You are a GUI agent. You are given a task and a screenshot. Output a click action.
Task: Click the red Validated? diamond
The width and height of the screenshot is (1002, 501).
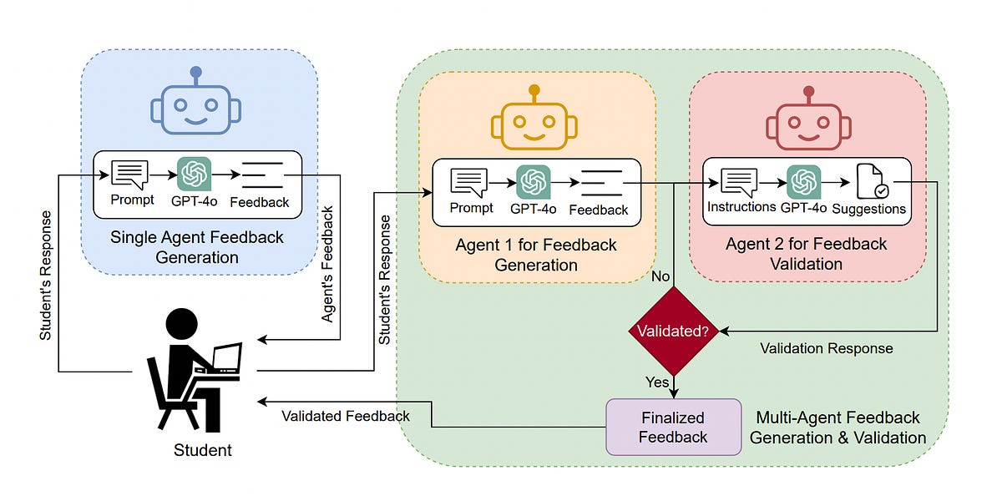coord(673,331)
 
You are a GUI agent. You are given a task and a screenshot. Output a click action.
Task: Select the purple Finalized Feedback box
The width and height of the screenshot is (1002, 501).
coord(673,427)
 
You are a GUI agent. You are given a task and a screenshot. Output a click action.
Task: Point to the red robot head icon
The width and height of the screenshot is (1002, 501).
coord(807,122)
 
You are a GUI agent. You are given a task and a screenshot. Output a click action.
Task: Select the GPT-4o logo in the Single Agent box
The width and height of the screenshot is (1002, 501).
coord(194,175)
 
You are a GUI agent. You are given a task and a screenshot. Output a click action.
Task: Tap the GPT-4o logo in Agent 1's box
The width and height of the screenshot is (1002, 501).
coord(534,182)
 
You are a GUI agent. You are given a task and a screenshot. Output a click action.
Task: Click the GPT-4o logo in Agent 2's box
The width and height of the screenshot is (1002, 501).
coord(803,182)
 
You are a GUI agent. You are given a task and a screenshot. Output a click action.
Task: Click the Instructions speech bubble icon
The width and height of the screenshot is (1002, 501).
coord(739,182)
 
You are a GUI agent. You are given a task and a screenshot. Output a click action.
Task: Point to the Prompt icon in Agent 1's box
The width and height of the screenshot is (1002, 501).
coord(469,182)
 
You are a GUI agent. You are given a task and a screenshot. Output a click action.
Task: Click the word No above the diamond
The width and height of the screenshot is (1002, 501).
coord(660,276)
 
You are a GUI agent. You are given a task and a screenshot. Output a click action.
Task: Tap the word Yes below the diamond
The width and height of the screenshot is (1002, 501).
coord(657,382)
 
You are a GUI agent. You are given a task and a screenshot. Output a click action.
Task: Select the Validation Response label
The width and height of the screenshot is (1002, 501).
coord(826,348)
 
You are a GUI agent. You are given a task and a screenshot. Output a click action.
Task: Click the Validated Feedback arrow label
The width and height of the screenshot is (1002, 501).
coord(345,416)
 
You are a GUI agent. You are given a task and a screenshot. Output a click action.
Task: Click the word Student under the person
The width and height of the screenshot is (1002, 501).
coord(203,451)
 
